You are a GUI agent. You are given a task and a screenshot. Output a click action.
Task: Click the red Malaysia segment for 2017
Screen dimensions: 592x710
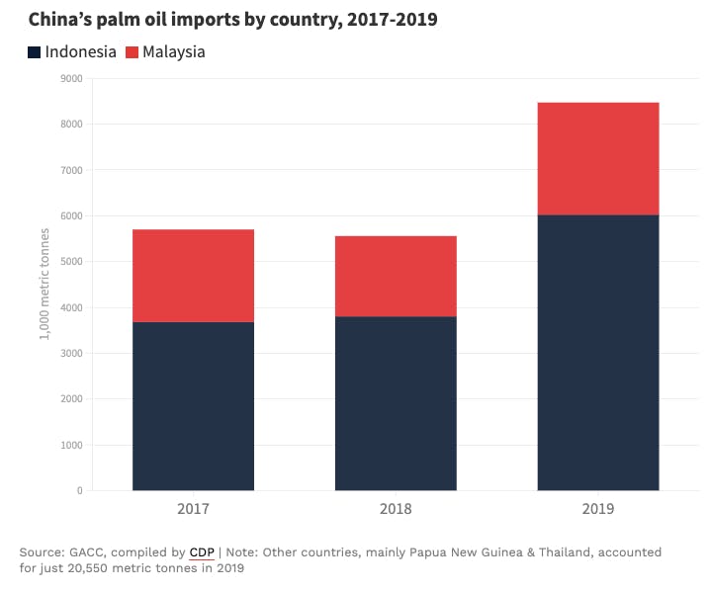[x=193, y=276]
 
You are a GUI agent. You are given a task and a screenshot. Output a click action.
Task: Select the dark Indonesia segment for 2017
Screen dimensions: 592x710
[x=193, y=406]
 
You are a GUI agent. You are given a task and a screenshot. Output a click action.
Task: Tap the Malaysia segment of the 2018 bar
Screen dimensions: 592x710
[x=396, y=276]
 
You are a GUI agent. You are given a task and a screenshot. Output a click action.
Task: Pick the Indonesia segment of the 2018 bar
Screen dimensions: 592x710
[x=396, y=403]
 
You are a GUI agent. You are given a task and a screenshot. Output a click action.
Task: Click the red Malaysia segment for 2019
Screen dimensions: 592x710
[x=597, y=158]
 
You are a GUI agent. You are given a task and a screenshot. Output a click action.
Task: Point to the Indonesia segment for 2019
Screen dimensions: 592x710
[x=597, y=352]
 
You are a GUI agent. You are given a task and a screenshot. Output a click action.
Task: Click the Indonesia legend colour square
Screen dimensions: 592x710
[x=35, y=51]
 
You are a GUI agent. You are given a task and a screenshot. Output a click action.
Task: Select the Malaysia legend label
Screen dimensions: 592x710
[x=174, y=51]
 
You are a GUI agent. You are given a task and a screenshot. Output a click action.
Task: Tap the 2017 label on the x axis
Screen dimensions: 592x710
[x=193, y=509]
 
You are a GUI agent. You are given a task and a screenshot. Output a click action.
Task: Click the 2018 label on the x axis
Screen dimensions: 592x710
[x=396, y=509]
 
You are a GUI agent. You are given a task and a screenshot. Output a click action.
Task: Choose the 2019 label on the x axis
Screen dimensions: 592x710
[x=597, y=509]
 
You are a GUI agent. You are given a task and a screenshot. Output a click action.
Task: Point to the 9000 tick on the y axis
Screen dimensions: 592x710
[x=70, y=78]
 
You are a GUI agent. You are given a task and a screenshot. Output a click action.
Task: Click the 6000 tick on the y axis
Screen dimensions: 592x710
[x=70, y=215]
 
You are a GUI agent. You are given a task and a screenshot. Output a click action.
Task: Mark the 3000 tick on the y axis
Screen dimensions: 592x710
[x=70, y=353]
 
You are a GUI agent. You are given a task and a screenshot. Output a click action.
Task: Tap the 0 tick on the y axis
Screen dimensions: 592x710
[x=78, y=490]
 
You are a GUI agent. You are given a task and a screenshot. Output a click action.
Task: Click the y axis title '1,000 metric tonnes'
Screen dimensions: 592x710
[x=44, y=284]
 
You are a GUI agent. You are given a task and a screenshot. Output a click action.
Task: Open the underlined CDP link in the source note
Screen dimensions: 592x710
[x=202, y=551]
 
